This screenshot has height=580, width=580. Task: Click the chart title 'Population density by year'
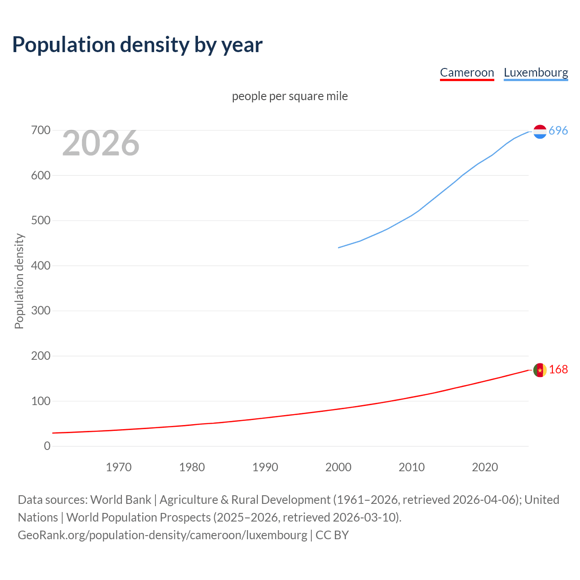click(x=137, y=45)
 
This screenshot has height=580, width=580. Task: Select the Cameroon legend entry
click(x=467, y=72)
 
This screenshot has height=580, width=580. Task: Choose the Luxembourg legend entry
click(x=536, y=72)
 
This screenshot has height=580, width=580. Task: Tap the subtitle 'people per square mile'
click(x=290, y=96)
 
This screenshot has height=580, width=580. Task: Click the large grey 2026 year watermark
click(x=101, y=143)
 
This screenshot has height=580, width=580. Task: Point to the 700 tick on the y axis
click(x=40, y=130)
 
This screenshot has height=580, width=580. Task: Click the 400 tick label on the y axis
click(x=40, y=266)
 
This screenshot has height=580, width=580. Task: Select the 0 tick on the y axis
click(x=47, y=446)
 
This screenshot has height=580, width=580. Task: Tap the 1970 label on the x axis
click(x=119, y=467)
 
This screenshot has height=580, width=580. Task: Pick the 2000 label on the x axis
click(x=338, y=467)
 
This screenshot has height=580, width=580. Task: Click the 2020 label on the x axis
click(x=485, y=467)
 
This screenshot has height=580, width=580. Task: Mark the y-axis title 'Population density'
click(x=19, y=281)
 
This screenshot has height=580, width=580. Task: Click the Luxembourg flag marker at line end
click(x=540, y=131)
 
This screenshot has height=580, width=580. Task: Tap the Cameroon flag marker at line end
click(x=540, y=370)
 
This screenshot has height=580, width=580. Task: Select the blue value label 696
click(x=558, y=131)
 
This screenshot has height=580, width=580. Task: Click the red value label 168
click(x=558, y=370)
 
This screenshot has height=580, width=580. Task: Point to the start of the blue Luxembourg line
click(x=339, y=247)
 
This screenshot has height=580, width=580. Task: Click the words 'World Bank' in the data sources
click(x=121, y=500)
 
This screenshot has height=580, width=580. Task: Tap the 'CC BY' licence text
click(x=332, y=535)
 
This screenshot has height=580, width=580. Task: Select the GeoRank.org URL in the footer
click(x=162, y=535)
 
